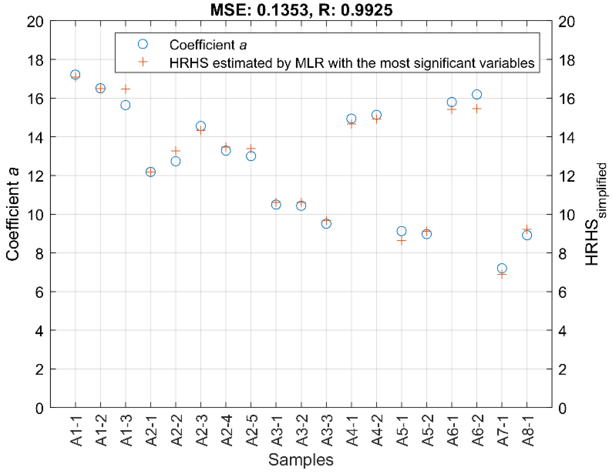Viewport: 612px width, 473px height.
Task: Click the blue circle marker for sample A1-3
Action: click(125, 105)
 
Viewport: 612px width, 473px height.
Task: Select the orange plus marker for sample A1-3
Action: click(125, 89)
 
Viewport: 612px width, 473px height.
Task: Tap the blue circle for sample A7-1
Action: click(502, 268)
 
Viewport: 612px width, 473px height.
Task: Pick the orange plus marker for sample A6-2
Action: click(476, 109)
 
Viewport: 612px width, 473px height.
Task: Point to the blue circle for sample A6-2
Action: click(476, 94)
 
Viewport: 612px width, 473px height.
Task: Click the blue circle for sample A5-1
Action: click(401, 231)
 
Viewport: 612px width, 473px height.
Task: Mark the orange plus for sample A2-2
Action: click(176, 151)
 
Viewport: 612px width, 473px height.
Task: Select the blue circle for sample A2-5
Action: click(251, 156)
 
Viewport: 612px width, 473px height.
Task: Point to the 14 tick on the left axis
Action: click(35, 137)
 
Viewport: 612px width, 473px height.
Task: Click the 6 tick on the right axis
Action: click(562, 292)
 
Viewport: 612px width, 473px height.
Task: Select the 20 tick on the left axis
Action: click(35, 21)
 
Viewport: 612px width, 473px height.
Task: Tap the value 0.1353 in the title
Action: click(282, 10)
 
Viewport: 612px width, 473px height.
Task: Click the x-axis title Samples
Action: click(301, 460)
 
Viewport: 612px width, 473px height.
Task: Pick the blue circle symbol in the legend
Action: click(143, 44)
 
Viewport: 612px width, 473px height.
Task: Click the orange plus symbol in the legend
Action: click(143, 62)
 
